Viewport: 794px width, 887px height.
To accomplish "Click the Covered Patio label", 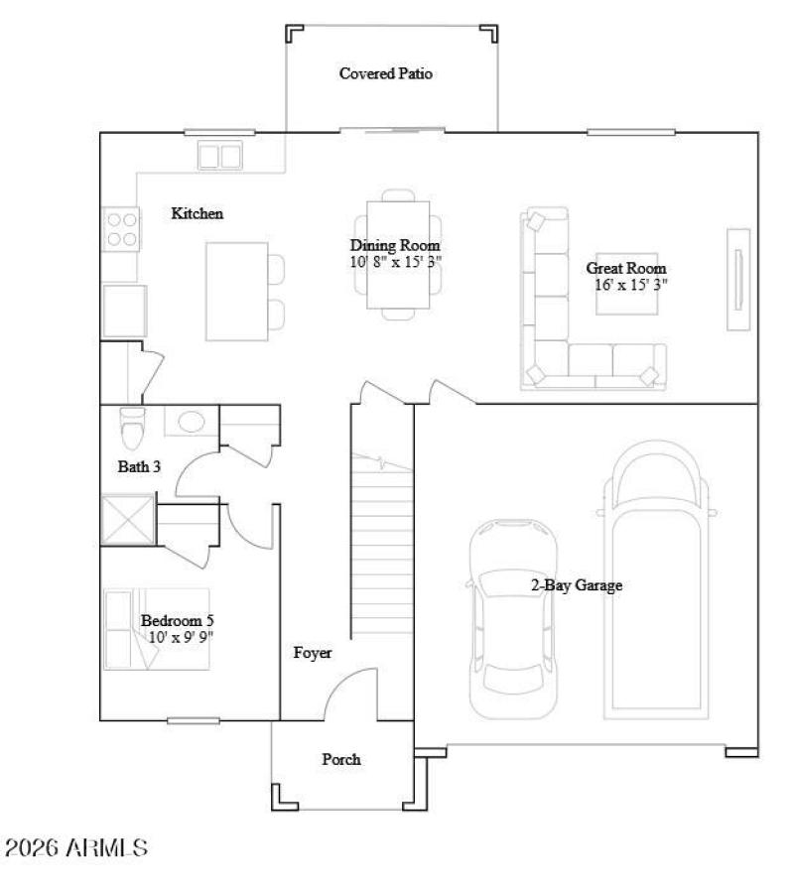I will (386, 73).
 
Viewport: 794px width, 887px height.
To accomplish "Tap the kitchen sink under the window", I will (220, 156).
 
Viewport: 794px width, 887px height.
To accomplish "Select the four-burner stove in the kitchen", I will (122, 229).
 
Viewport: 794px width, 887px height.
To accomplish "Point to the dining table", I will (398, 255).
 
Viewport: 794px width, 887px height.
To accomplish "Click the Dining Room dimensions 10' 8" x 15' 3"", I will (395, 262).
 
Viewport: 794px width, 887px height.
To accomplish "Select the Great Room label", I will (625, 268).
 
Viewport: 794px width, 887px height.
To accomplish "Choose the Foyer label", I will (312, 653).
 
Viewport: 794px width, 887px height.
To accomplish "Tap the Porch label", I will (340, 759).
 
